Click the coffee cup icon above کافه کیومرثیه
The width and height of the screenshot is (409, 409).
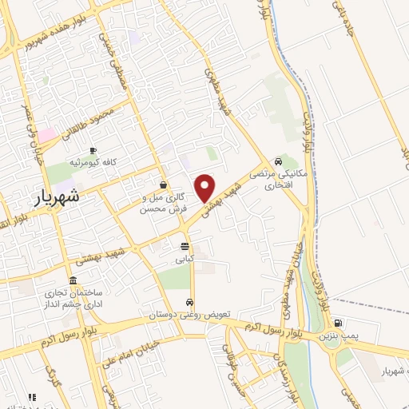(x=93, y=150)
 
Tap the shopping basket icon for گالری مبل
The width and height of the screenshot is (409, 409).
(x=163, y=185)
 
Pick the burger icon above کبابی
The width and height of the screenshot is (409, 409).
(x=185, y=246)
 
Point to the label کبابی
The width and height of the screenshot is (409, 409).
(x=185, y=259)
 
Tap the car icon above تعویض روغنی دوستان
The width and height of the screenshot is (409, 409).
(x=189, y=303)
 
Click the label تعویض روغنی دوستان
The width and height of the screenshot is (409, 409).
(x=190, y=316)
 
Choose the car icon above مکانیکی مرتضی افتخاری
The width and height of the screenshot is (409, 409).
(x=277, y=159)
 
